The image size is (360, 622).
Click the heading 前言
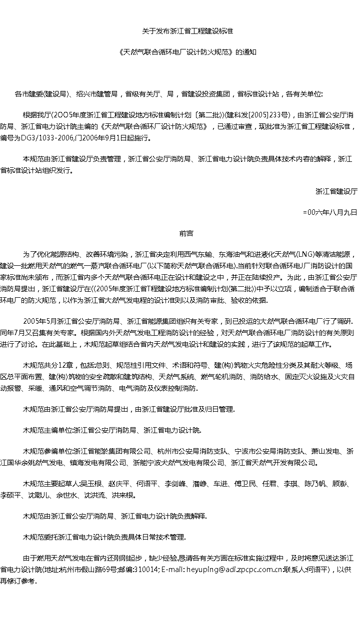click(x=186, y=233)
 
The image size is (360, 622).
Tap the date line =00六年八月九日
click(x=330, y=212)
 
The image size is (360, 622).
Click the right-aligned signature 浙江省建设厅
click(x=336, y=191)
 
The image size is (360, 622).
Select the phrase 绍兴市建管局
click(x=100, y=93)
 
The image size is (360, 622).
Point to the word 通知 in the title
click(x=248, y=51)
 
